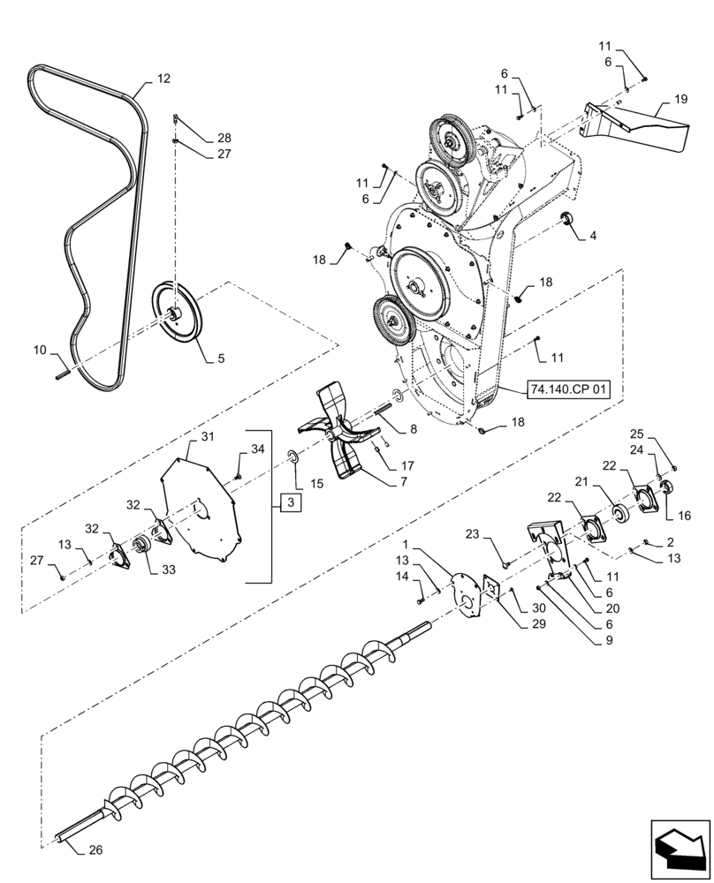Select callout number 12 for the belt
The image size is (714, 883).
(163, 79)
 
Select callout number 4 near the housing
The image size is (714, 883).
(593, 236)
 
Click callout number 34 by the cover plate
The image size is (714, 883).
(257, 449)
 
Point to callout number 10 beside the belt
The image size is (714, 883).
(40, 351)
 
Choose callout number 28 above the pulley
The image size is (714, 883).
(224, 138)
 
